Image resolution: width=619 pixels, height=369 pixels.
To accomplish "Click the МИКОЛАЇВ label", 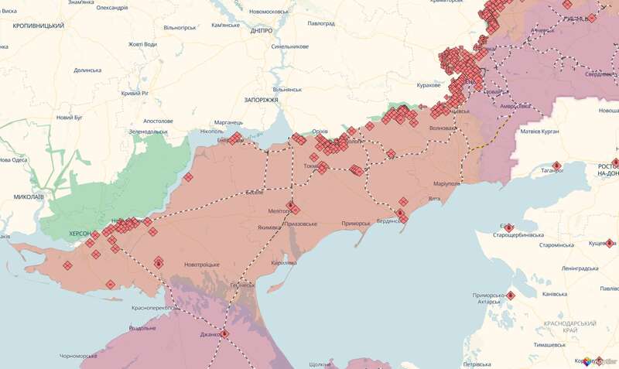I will coord(29,197).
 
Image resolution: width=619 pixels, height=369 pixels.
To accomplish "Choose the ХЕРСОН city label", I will coord(75,233).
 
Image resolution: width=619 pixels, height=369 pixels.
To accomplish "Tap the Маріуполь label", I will coord(446,184).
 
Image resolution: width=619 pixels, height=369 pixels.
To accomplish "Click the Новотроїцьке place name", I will coord(201,265).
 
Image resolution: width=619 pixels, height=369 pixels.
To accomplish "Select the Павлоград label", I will coord(320,24).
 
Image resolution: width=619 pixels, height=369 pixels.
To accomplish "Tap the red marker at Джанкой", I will coord(224,334).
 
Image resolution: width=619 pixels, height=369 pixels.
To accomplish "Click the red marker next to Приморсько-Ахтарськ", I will coord(511,295).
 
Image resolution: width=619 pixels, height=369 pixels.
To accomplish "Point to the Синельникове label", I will coord(290,46).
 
